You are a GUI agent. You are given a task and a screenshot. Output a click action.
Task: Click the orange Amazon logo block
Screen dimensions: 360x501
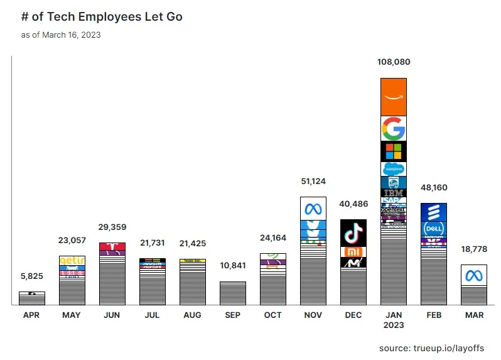point(394,97)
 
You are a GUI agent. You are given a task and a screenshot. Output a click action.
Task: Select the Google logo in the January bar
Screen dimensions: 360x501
point(394,129)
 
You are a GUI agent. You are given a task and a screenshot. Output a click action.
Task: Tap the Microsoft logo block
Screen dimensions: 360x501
point(394,151)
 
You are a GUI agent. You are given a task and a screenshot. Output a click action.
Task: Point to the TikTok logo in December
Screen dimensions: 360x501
point(353,232)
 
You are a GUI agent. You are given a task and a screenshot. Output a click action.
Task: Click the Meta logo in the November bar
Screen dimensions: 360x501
point(313,209)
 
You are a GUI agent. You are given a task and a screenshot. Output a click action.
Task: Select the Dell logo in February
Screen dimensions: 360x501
point(433,229)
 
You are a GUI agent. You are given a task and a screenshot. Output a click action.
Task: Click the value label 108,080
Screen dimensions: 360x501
point(394,63)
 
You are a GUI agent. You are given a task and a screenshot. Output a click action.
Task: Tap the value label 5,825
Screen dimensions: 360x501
point(31,276)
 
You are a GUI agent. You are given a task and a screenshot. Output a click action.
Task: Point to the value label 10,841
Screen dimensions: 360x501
point(232,266)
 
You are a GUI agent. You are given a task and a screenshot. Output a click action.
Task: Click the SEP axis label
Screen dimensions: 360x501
point(232,315)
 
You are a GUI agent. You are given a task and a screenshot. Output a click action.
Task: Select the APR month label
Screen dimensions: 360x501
point(31,315)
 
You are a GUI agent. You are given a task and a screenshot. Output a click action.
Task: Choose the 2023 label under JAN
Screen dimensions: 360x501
point(394,325)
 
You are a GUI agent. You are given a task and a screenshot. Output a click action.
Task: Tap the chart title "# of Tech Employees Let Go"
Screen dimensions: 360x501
point(102,17)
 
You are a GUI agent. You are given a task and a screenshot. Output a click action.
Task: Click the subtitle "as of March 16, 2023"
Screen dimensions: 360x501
point(61,35)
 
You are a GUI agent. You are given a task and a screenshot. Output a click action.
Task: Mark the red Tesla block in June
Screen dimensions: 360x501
point(112,246)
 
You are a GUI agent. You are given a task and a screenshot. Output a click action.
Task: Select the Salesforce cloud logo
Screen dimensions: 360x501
point(394,169)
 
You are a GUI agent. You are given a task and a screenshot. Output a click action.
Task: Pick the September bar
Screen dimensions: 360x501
point(232,293)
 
